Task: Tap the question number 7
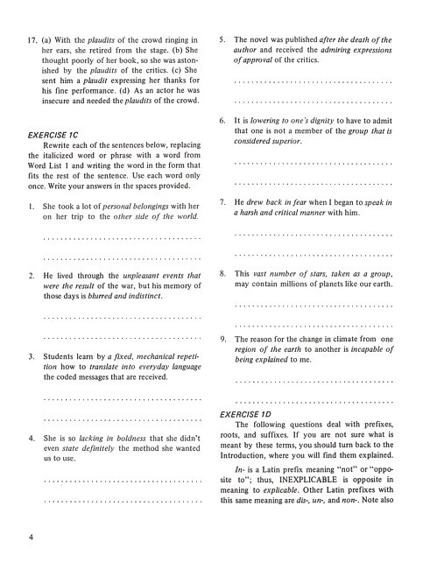click(x=223, y=201)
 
